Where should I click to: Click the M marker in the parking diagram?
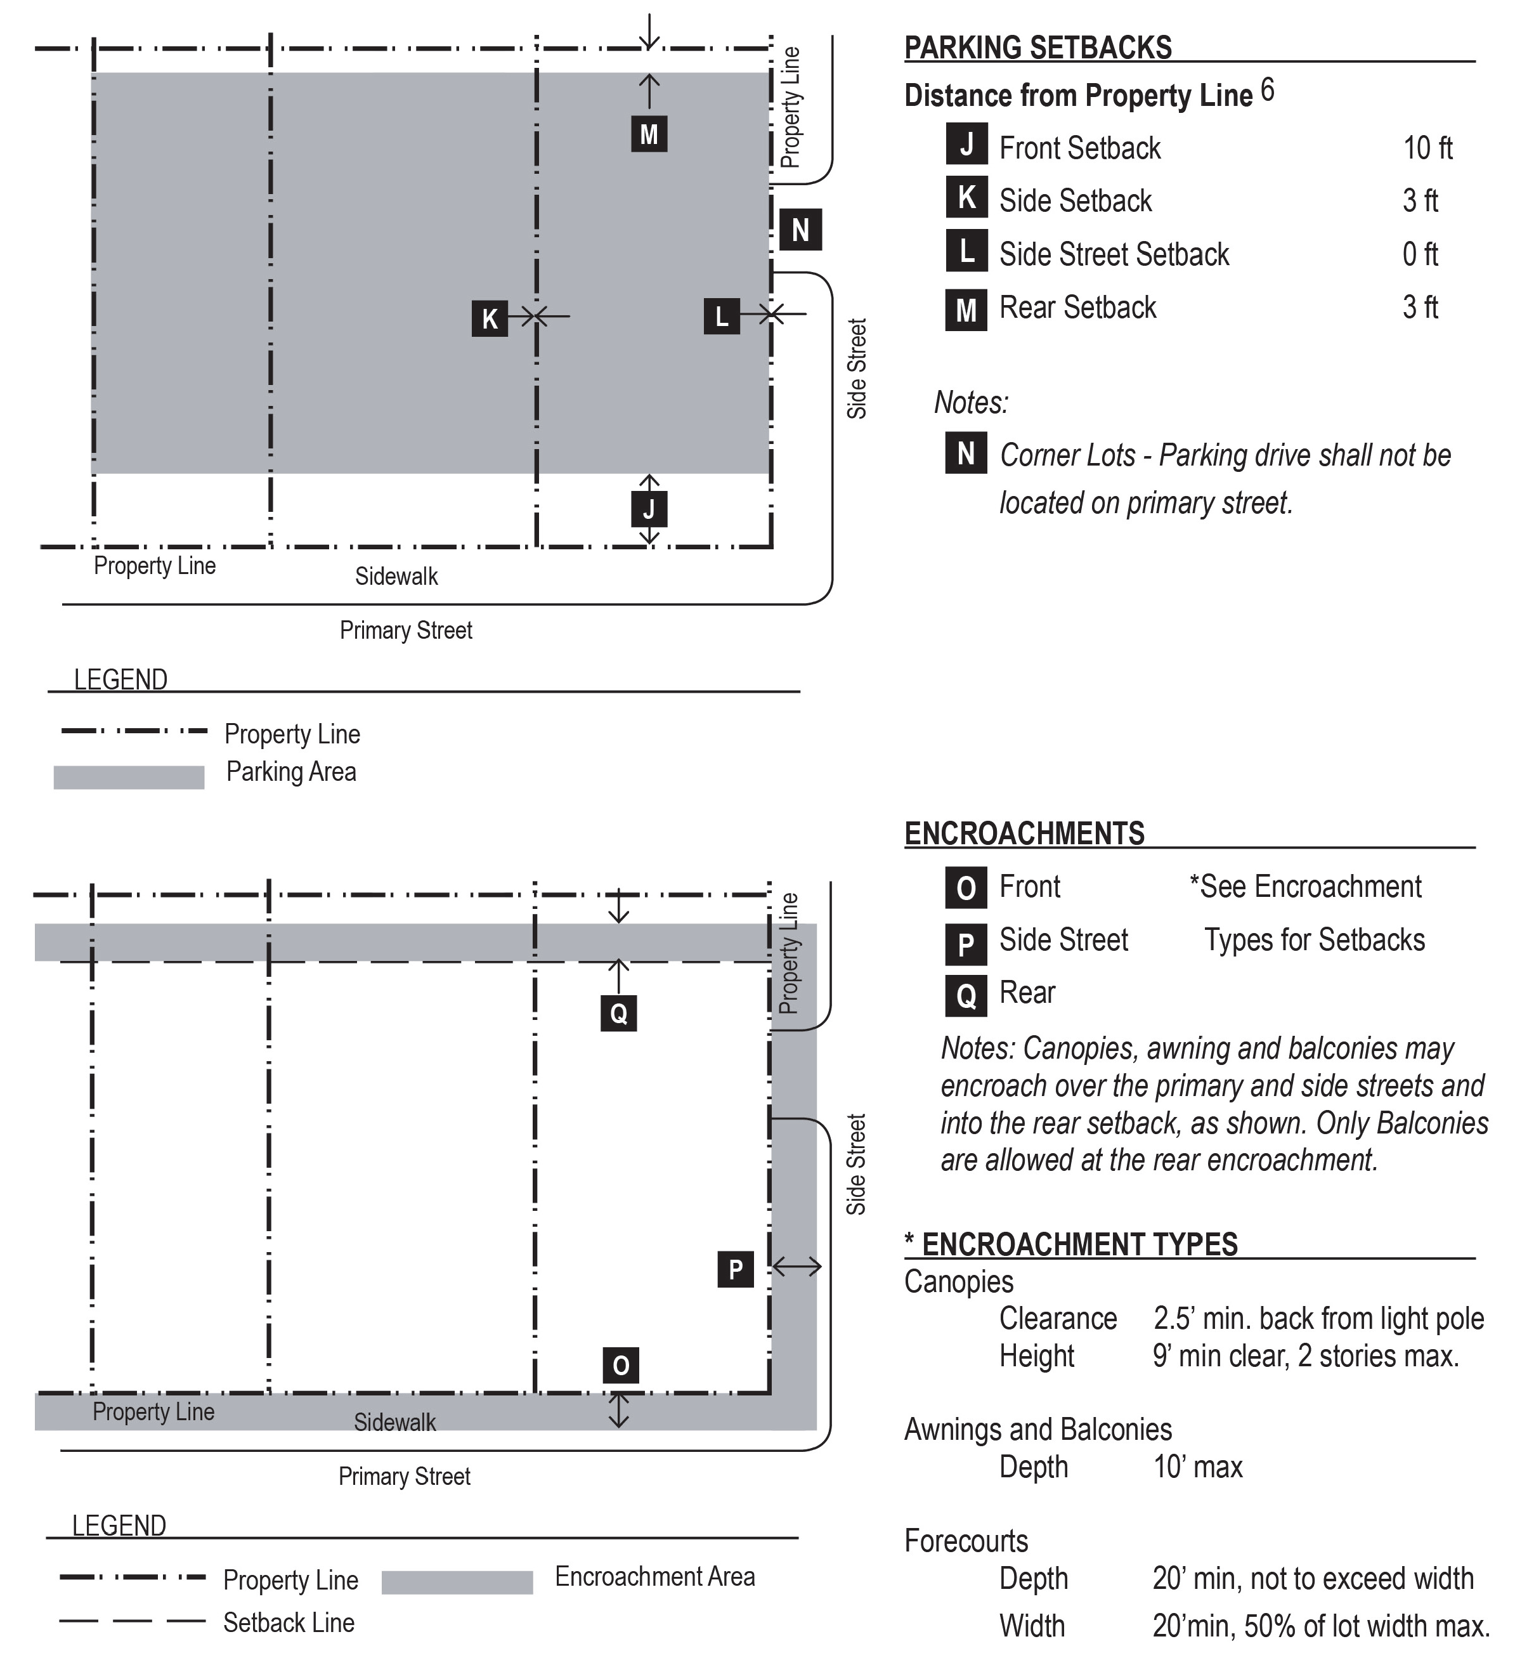pos(649,134)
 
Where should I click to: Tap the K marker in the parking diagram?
pos(489,318)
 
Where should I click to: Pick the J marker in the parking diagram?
pos(649,509)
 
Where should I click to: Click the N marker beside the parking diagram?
pos(800,230)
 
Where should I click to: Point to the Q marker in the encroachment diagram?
pos(618,1013)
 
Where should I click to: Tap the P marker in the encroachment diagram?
pos(735,1269)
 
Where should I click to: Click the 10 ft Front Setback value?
pos(1427,148)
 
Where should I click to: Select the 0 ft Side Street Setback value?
pos(1420,254)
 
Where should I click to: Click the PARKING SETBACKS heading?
pos(1037,48)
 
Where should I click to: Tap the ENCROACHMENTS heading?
pos(1024,833)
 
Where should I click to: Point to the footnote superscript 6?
pos(1267,89)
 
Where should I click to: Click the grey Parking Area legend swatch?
pos(129,777)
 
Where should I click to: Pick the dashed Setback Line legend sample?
pos(132,1621)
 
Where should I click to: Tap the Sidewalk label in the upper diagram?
pos(396,577)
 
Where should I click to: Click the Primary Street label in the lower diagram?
pos(405,1476)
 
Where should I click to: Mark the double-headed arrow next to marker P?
pos(796,1267)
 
